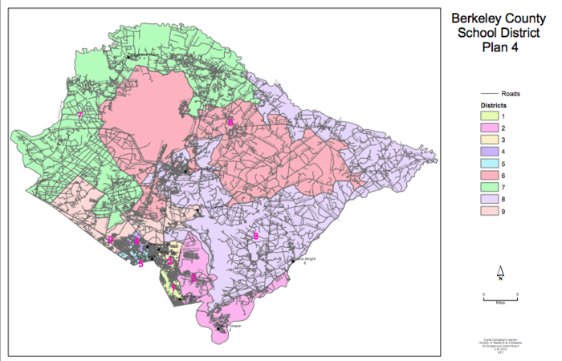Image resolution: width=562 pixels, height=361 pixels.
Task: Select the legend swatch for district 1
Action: point(489,116)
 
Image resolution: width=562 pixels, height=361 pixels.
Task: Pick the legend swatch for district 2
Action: point(489,128)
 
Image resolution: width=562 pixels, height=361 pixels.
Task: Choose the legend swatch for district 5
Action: point(489,164)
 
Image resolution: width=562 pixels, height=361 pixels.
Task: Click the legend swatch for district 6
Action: point(489,176)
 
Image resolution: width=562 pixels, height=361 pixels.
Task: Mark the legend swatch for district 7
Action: point(489,188)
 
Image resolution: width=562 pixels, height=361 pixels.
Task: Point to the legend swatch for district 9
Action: point(489,212)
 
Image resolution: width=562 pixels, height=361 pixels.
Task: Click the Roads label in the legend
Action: point(511,94)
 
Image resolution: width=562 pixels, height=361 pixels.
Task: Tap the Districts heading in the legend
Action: point(492,105)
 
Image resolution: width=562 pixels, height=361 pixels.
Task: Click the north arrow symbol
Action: point(500,272)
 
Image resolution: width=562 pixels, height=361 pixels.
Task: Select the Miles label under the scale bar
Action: point(499,303)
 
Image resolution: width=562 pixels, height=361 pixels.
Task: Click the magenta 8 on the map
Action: point(255,235)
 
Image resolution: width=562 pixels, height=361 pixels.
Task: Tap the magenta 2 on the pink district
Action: point(193,277)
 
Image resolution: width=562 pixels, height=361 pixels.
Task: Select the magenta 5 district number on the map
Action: point(140,262)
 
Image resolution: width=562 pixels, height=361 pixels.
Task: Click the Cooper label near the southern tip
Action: point(234,326)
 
